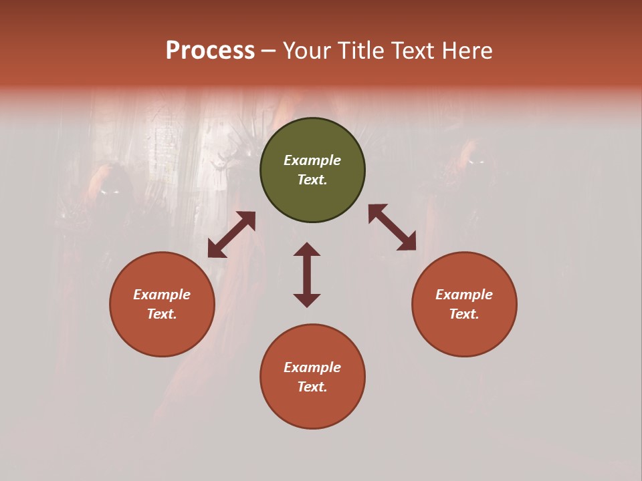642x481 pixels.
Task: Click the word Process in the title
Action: (210, 51)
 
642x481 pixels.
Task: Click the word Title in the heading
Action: (362, 51)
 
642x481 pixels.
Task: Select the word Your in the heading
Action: (308, 51)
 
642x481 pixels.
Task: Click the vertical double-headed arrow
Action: (307, 275)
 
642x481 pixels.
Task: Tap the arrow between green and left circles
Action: (231, 234)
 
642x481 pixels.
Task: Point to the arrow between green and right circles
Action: (393, 227)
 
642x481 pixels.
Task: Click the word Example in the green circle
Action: (312, 160)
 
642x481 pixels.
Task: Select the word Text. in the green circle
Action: (312, 180)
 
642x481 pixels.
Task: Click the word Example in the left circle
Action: (162, 295)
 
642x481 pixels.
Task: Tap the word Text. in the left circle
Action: (162, 314)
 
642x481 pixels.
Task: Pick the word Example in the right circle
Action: (464, 295)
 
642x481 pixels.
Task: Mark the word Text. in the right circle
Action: (464, 314)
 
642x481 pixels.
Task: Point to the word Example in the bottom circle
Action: (312, 367)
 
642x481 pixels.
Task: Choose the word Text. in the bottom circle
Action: (312, 387)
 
